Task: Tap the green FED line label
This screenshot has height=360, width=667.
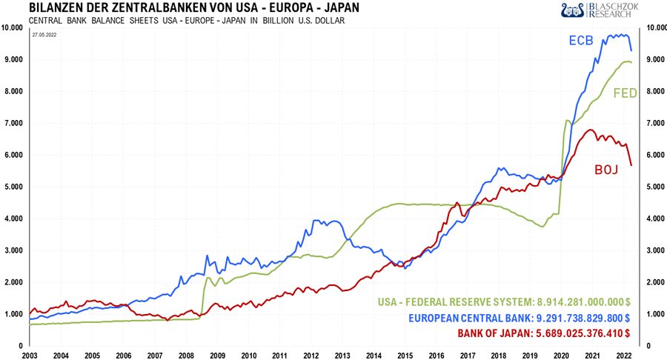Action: point(626,93)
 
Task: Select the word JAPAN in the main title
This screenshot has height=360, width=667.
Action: point(335,8)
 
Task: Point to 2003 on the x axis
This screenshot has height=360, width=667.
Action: point(29,354)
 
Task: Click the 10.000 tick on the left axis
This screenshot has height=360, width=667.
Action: point(11,28)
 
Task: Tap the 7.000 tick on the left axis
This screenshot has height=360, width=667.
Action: point(11,123)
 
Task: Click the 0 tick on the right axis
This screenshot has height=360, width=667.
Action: point(650,346)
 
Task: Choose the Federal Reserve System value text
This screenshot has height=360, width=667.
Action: point(504,302)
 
